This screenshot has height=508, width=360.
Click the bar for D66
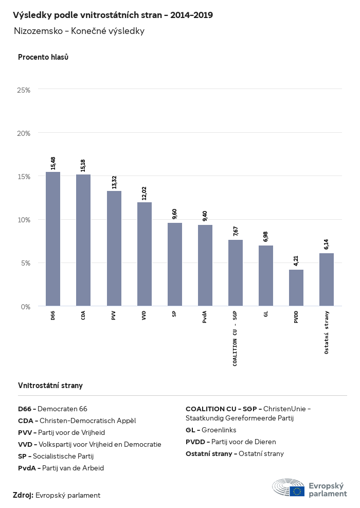53,239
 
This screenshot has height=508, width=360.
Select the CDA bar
83,240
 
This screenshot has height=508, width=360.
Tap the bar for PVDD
296,288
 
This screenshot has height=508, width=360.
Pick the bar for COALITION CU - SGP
236,273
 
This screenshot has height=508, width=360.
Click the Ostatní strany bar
327,279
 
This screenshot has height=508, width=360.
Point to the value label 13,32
114,182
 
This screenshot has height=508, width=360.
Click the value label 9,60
175,214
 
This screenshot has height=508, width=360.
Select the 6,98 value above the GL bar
266,237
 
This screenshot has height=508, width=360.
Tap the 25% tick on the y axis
24,90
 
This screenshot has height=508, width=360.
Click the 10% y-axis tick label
24,220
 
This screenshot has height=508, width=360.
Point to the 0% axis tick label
26,307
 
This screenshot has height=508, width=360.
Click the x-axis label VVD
145,316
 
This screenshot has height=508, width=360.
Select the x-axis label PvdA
205,317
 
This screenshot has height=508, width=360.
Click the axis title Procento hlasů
43,57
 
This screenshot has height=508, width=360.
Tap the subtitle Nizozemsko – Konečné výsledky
79,31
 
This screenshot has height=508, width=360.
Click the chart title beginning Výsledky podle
113,15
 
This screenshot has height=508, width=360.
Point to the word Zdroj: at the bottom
23,495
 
